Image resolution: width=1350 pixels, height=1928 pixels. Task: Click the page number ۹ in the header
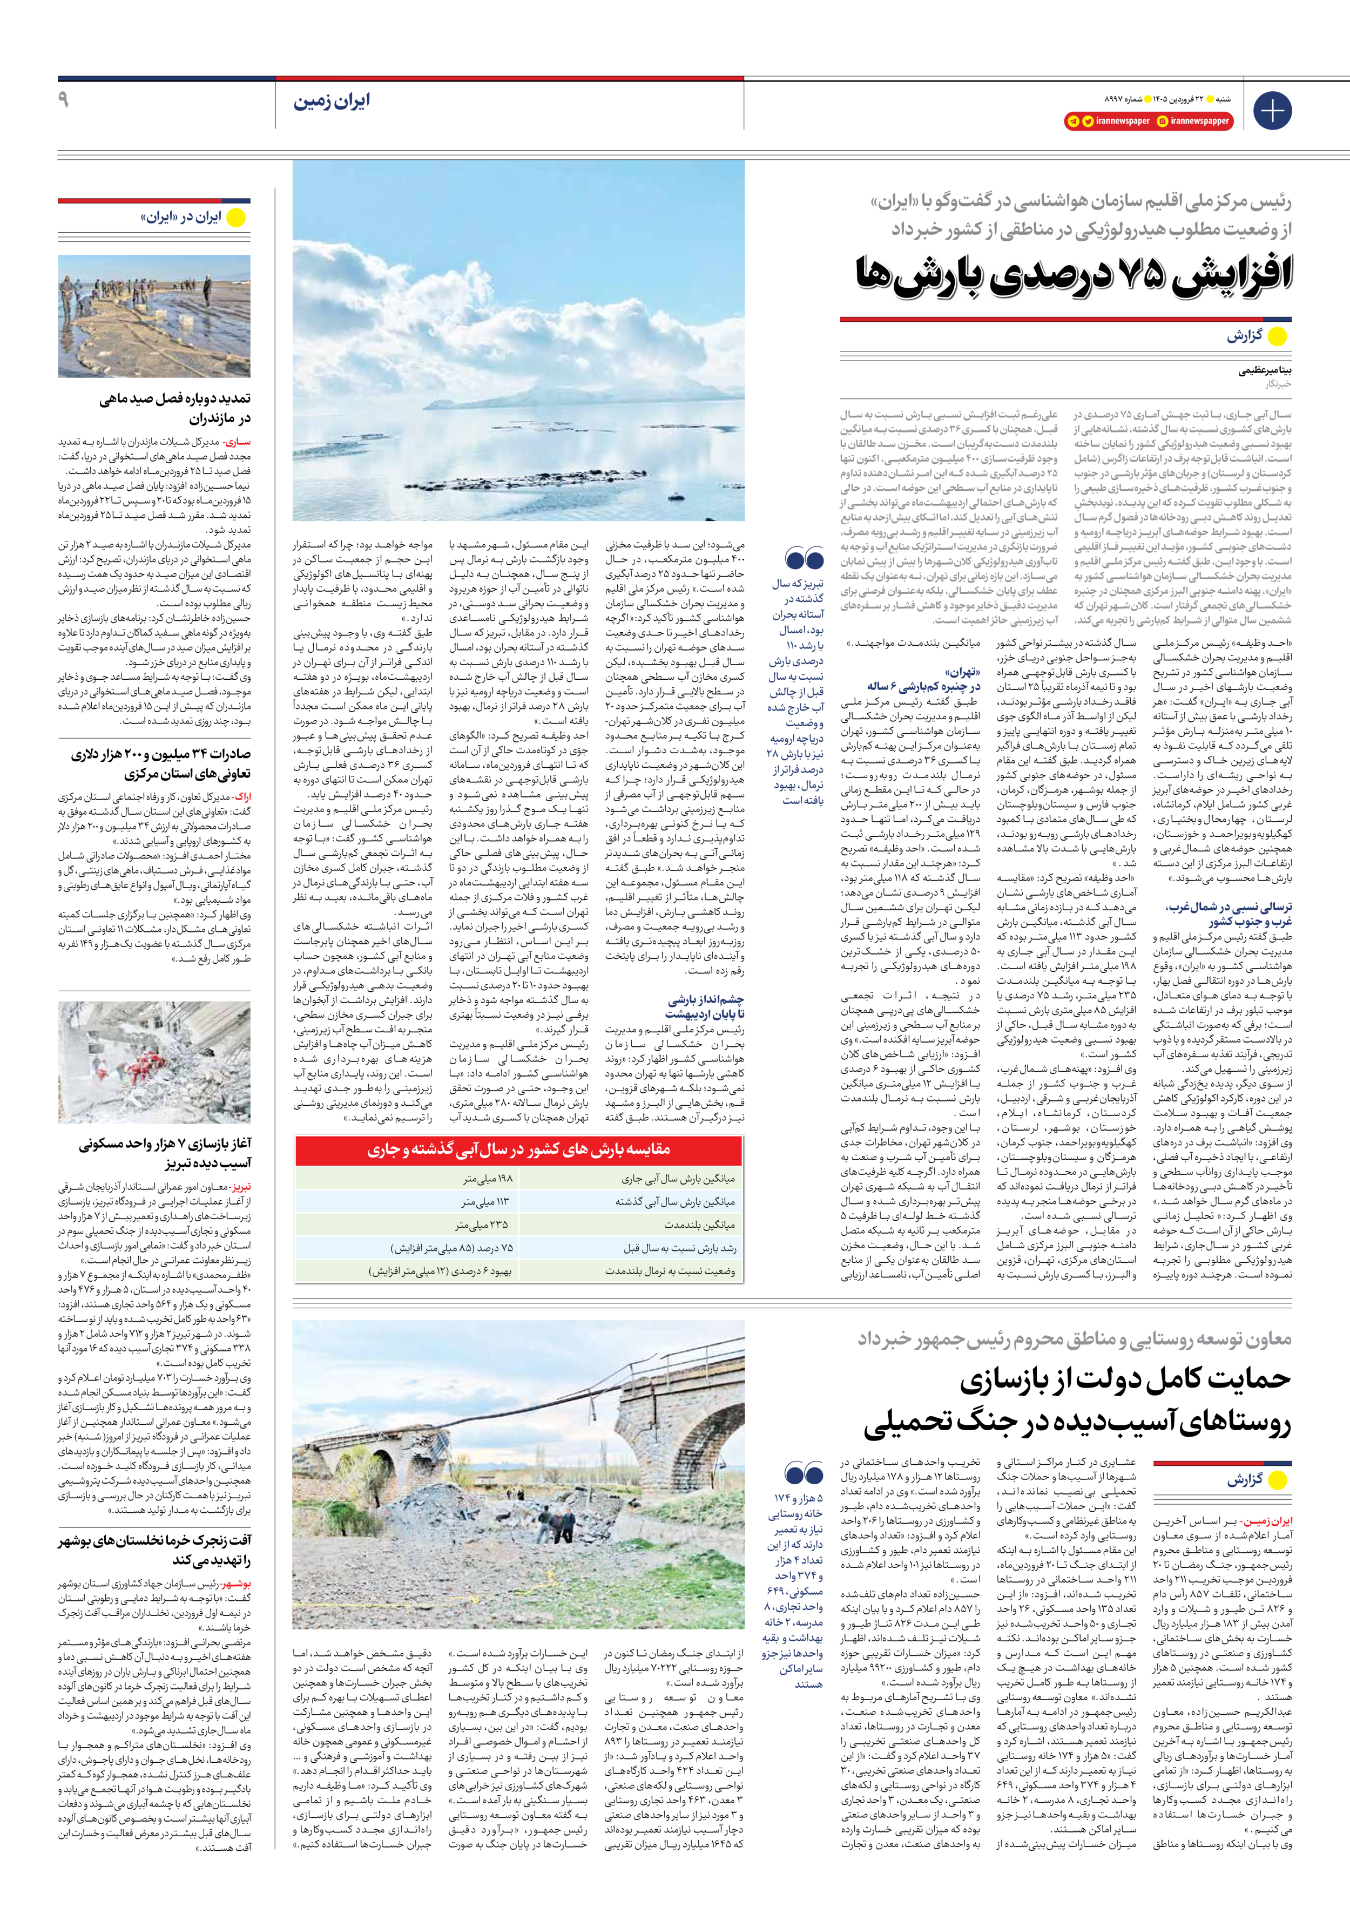[63, 100]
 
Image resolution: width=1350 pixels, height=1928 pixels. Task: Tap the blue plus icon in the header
[1272, 111]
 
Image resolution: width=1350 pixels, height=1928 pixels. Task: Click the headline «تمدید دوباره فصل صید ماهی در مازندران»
[175, 408]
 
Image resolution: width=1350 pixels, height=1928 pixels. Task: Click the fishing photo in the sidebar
[154, 316]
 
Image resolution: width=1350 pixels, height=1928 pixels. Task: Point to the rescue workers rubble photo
[154, 1062]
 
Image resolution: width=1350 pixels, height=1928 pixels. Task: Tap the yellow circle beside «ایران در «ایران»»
[237, 218]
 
